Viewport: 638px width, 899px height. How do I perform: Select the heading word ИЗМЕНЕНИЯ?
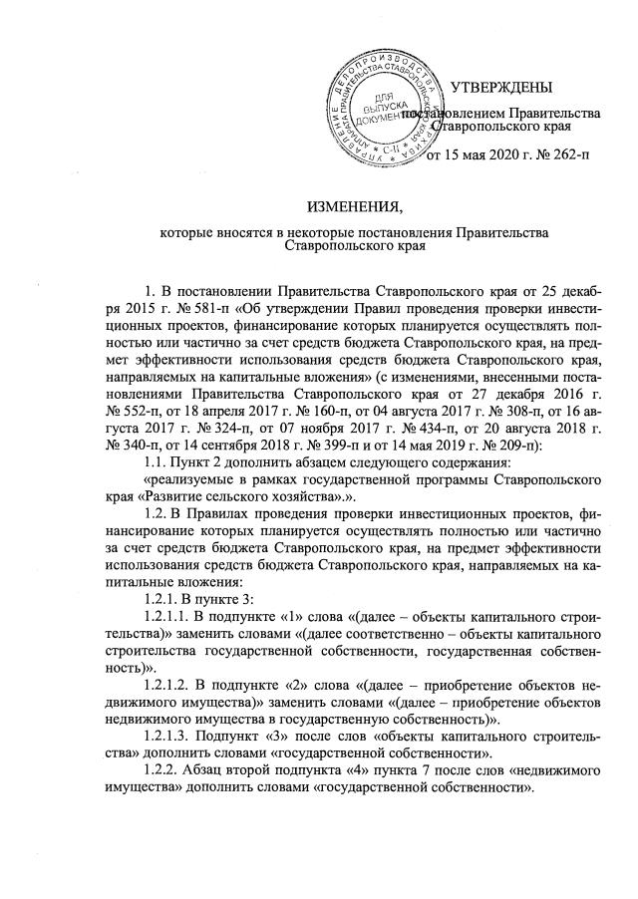coord(355,207)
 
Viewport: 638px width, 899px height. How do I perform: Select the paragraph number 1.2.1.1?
coord(169,586)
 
